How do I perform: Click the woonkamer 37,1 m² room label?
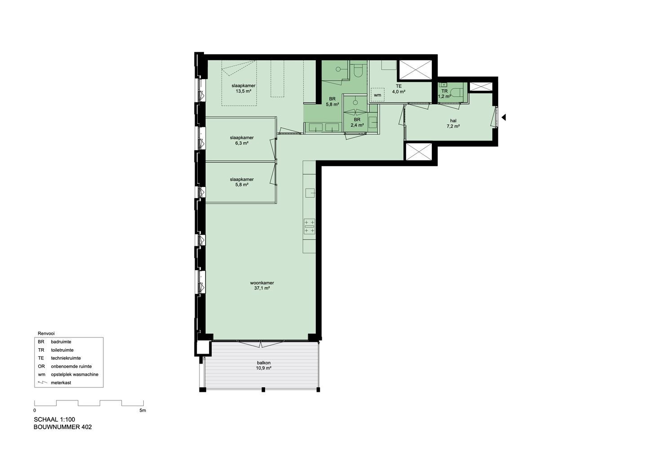pos(262,285)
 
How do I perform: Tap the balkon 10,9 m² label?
pos(264,365)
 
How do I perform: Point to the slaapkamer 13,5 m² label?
pos(244,89)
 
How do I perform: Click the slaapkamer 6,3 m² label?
pos(242,140)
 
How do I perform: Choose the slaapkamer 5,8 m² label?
pos(242,182)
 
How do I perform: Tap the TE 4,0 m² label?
pos(399,89)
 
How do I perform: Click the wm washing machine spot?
pos(377,95)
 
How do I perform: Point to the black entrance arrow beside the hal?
pos(503,117)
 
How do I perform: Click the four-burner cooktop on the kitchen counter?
pos(309,226)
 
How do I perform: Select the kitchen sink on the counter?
pos(310,193)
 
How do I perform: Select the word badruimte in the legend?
pos(61,342)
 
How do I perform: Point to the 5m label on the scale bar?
pos(143,411)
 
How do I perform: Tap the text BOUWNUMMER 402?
pos(63,427)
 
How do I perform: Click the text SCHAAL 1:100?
pos(54,419)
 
